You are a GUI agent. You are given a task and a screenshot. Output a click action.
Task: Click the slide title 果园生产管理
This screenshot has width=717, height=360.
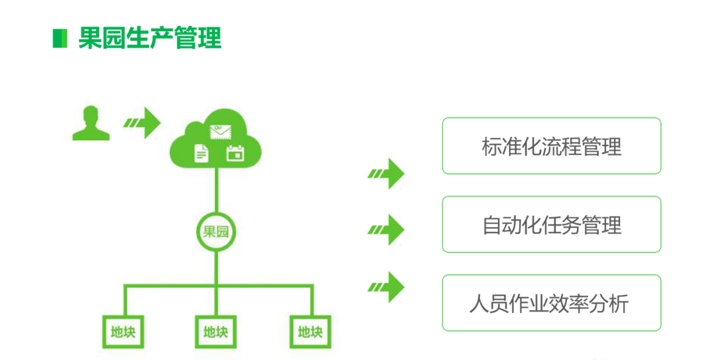(149, 38)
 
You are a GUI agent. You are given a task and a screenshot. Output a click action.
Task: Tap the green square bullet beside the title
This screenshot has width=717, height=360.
(60, 39)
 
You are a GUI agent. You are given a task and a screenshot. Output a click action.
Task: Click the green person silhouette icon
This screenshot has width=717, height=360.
(91, 124)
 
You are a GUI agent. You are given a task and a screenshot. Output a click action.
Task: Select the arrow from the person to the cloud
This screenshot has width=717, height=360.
(143, 123)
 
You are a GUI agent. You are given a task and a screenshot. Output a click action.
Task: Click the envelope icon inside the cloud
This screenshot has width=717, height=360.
(217, 132)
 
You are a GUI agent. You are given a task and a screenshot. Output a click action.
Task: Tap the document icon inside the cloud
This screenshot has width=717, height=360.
(200, 153)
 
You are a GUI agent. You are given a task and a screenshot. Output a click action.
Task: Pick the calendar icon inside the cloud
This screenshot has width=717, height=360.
(235, 153)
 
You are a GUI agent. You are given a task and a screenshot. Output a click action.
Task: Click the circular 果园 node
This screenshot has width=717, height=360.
(216, 232)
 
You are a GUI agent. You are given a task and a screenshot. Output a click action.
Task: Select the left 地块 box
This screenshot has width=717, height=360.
(123, 331)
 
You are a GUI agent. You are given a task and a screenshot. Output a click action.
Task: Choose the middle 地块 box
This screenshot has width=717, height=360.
(216, 331)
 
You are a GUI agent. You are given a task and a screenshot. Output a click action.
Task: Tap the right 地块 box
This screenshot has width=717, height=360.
(310, 331)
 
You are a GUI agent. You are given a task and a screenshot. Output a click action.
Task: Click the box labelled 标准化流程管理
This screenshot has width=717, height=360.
(551, 146)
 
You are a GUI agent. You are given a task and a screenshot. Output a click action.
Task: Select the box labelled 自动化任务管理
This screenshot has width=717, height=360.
(551, 225)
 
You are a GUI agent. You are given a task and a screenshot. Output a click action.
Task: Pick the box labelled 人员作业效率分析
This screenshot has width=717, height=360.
(551, 303)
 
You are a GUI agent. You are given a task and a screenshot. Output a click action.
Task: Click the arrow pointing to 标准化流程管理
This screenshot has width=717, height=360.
(387, 174)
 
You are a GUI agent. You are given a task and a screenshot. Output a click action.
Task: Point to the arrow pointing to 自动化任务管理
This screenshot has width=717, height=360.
(387, 230)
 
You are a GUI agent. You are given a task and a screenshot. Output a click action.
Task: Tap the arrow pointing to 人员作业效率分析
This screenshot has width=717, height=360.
(387, 287)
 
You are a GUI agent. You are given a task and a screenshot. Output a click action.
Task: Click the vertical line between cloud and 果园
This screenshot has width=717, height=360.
(216, 189)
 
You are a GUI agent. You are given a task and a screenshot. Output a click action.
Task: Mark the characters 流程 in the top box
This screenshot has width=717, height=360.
(551, 147)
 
